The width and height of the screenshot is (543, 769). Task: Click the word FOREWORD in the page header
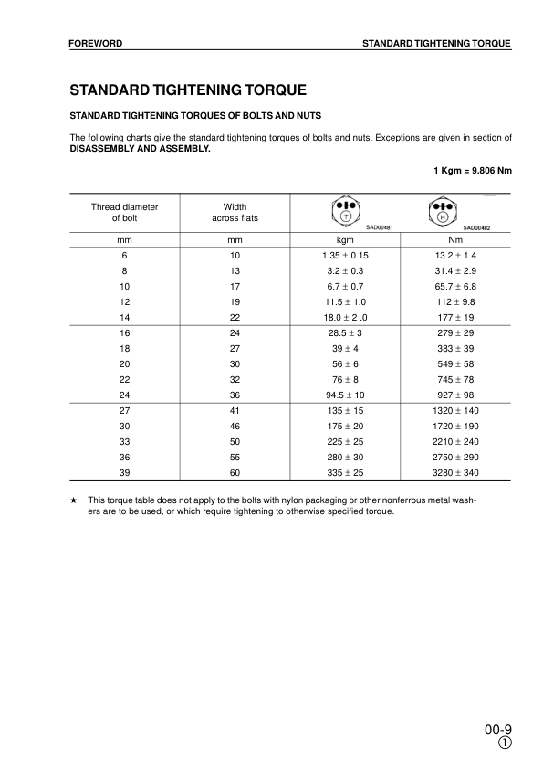click(x=96, y=43)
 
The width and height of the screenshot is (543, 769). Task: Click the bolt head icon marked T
click(x=345, y=211)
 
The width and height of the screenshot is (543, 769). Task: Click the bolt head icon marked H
click(x=442, y=213)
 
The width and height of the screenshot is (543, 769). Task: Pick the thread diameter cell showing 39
click(x=124, y=472)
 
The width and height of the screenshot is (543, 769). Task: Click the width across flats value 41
click(x=235, y=411)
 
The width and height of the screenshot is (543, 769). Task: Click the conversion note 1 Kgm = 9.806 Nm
click(x=472, y=170)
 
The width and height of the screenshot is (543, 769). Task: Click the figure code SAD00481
click(x=379, y=227)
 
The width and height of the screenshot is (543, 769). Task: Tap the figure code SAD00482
click(x=476, y=227)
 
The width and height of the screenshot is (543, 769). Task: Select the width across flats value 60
click(x=235, y=472)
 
